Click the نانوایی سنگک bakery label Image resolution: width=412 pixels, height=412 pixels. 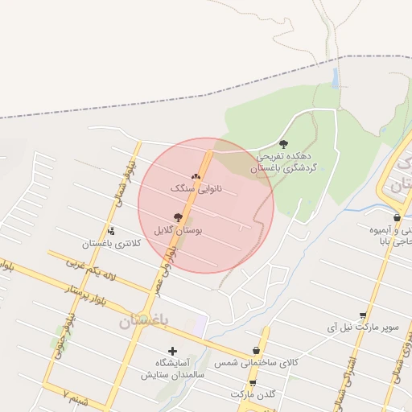196,188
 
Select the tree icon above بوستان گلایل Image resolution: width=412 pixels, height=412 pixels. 178,217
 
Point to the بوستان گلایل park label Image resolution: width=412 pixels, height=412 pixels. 181,230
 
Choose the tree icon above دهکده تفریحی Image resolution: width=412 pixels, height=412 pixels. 282,144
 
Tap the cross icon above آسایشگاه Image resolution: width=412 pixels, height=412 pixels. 172,351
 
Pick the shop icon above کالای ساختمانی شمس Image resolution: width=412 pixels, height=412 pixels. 256,350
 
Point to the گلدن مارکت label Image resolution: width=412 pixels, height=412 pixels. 253,395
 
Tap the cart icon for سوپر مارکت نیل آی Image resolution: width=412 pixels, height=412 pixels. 363,315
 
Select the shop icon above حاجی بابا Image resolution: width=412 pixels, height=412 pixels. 397,218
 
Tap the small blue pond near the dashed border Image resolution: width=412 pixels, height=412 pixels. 336,78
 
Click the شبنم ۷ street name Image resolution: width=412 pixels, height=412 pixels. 75,395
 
